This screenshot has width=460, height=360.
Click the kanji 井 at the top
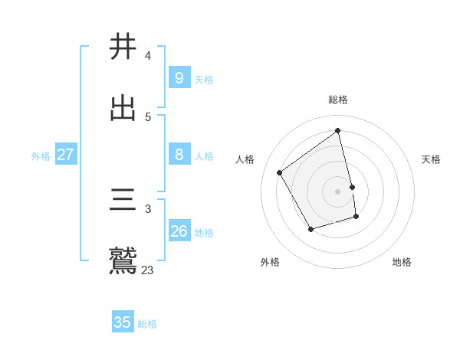coord(123,46)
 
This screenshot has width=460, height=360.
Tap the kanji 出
coord(123,108)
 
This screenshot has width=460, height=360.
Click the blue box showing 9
coord(179,78)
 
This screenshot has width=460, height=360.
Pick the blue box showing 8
coord(179,155)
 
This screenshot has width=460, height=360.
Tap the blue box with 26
coord(179,231)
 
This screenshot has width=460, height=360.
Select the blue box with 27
coord(65,155)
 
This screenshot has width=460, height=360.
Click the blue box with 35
coord(123,322)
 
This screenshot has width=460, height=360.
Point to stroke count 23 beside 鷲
coord(147,270)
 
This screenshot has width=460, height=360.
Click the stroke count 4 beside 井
coord(147,56)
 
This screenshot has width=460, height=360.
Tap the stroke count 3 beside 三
coord(147,208)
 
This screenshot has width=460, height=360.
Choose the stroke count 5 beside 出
coord(147,117)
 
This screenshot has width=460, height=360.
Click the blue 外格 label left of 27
coord(41,156)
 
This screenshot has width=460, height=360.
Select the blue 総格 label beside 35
coord(147,324)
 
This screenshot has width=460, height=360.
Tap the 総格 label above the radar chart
coord(338,100)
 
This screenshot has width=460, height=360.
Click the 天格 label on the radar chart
coord(431,159)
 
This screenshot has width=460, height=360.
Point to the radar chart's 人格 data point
coord(280,172)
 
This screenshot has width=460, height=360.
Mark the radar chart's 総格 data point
coord(338,131)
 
